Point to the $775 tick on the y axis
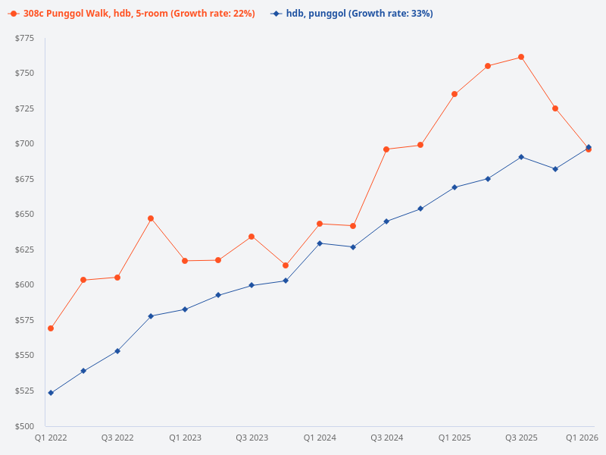click(x=25, y=38)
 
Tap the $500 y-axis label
click(x=25, y=426)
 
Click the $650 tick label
click(x=25, y=215)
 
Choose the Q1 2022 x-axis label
click(x=51, y=438)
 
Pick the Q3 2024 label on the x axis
click(x=386, y=438)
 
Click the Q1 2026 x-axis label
click(x=583, y=438)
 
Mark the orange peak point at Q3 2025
click(x=521, y=57)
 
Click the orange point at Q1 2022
click(x=51, y=328)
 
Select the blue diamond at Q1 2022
click(x=51, y=393)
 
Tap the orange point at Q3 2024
click(x=386, y=149)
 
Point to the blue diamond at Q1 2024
click(x=320, y=243)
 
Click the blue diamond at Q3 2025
click(x=521, y=157)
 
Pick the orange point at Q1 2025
click(x=454, y=94)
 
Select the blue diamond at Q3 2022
click(x=117, y=351)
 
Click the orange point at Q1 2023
click(x=185, y=261)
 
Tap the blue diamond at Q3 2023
click(x=251, y=285)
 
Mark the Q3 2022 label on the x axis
click(x=117, y=438)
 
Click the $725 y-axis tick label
click(x=25, y=108)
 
